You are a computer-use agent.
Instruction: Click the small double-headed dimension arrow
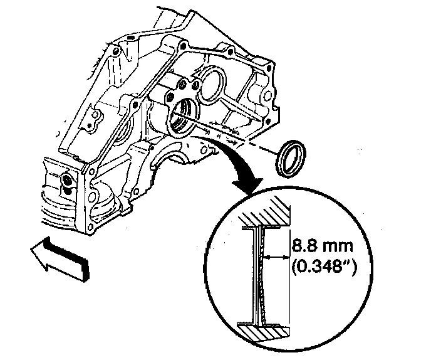click(x=278, y=257)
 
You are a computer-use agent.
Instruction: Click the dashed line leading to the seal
click(x=251, y=141)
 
